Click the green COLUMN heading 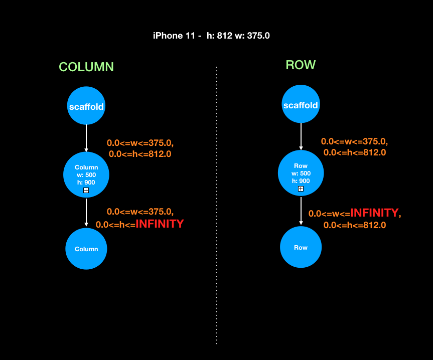point(86,67)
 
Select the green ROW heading point(301,65)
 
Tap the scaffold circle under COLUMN point(86,106)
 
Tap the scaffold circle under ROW point(301,104)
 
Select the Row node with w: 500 point(301,172)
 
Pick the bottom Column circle point(86,249)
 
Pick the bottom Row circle point(301,247)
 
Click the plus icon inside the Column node point(86,191)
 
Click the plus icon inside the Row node point(301,189)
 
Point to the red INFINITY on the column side point(160,224)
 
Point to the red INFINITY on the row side point(374,213)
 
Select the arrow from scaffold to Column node point(86,138)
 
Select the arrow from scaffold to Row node point(301,136)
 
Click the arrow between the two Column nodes point(86,213)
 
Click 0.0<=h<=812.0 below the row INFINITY point(355,225)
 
